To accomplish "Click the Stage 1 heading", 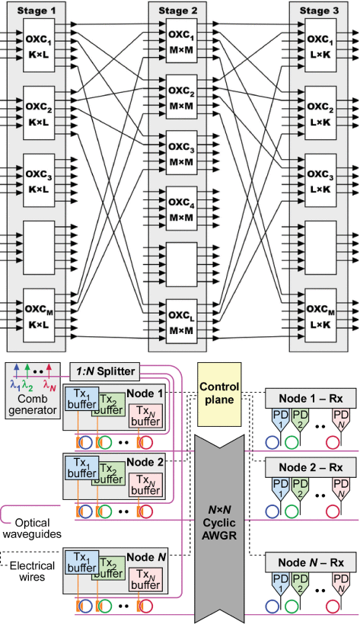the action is tap(37, 11).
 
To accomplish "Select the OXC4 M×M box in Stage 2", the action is tap(182, 210).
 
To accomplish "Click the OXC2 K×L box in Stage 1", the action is tap(39, 114).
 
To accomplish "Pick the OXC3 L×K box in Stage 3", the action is tap(320, 181).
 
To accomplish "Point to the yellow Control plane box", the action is tap(219, 394).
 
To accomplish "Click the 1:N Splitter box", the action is tap(105, 371).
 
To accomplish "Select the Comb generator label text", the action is tap(33, 404).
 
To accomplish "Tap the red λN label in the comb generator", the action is tap(49, 384).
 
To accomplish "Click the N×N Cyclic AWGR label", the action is tap(219, 523).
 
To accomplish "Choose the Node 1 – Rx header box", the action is tap(311, 398).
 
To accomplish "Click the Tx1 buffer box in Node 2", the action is tap(81, 467).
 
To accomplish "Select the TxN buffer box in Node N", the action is tap(146, 579).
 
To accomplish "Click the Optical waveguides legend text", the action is tap(32, 528).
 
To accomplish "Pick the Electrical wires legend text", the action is tap(32, 571).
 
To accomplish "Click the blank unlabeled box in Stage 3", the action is tap(320, 248).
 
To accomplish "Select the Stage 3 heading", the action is tap(319, 11).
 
